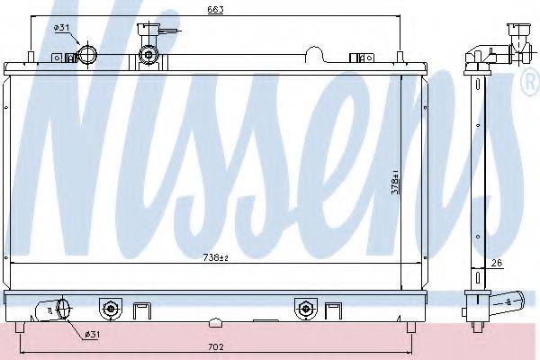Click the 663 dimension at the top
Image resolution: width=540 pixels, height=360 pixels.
[215, 9]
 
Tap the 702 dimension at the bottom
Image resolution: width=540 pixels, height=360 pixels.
[216, 346]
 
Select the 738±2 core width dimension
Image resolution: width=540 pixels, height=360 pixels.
[216, 257]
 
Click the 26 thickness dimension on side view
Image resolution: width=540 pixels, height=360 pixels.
[496, 263]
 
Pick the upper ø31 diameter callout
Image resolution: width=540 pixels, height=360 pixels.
[62, 28]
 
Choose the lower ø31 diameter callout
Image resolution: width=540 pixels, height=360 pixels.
[93, 334]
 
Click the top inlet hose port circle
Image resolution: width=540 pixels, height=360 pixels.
[88, 54]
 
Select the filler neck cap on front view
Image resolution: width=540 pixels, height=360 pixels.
[148, 54]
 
